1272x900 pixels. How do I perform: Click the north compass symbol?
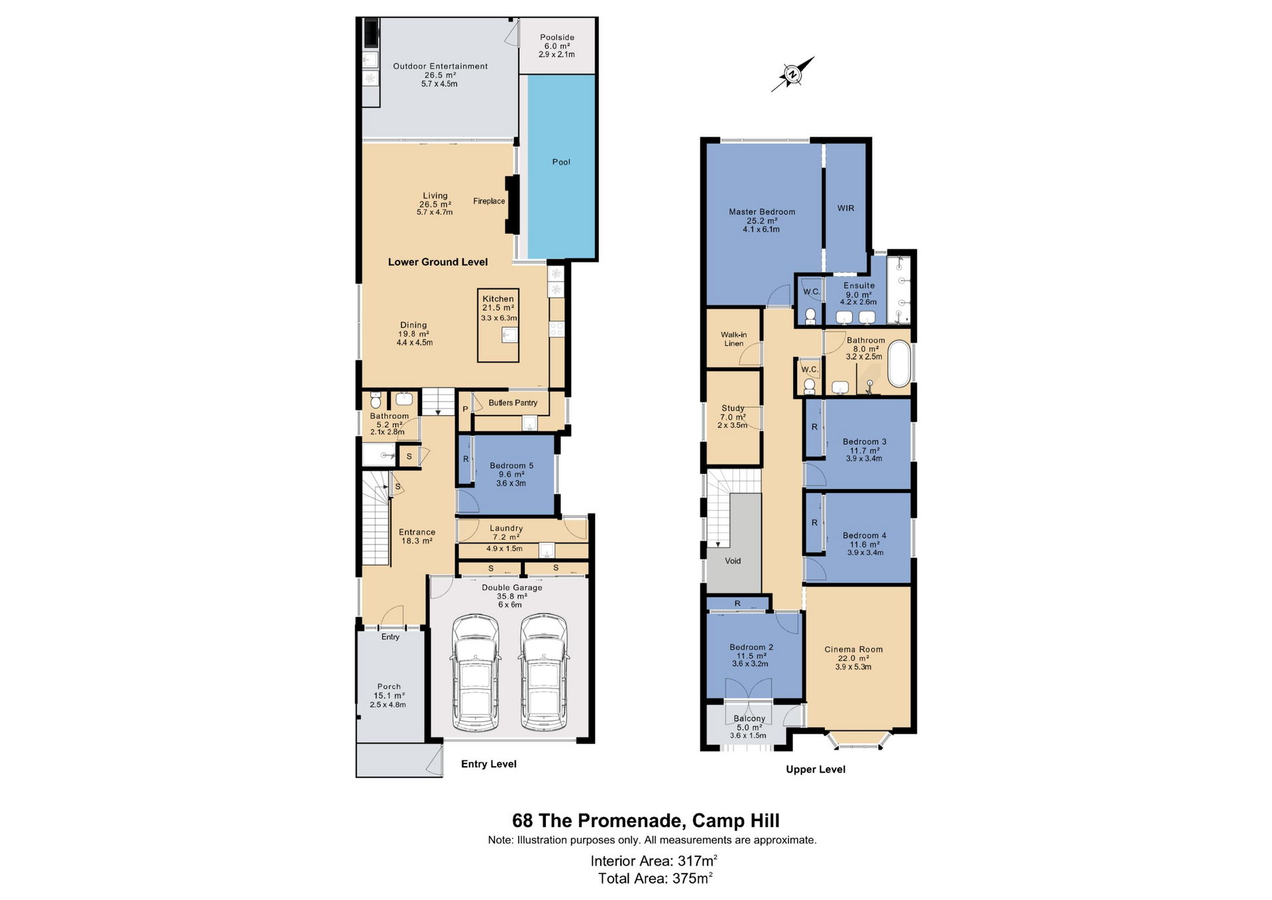[x=792, y=74]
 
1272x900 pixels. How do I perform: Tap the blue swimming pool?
[x=561, y=166]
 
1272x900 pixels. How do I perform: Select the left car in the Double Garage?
[x=475, y=673]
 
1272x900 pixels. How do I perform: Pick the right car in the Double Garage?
[x=544, y=673]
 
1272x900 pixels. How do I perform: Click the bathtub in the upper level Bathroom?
[x=899, y=364]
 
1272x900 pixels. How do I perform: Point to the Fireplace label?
[x=489, y=201]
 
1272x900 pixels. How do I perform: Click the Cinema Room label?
[x=853, y=649]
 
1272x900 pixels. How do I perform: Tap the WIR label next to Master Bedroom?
[x=846, y=208]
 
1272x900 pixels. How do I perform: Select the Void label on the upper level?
[x=733, y=561]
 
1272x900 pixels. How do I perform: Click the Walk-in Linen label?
[x=734, y=339]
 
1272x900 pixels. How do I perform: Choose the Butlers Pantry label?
[x=513, y=403]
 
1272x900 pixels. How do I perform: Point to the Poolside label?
[x=557, y=38]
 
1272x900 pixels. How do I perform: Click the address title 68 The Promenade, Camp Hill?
[x=646, y=820]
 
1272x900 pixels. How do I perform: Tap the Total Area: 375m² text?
[x=655, y=879]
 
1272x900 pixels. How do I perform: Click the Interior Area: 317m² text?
[x=654, y=861]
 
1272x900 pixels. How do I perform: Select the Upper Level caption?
[x=816, y=769]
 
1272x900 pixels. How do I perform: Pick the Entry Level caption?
[x=489, y=764]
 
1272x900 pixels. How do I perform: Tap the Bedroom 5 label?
[x=511, y=466]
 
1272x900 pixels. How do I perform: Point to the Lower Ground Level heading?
[x=438, y=262]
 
